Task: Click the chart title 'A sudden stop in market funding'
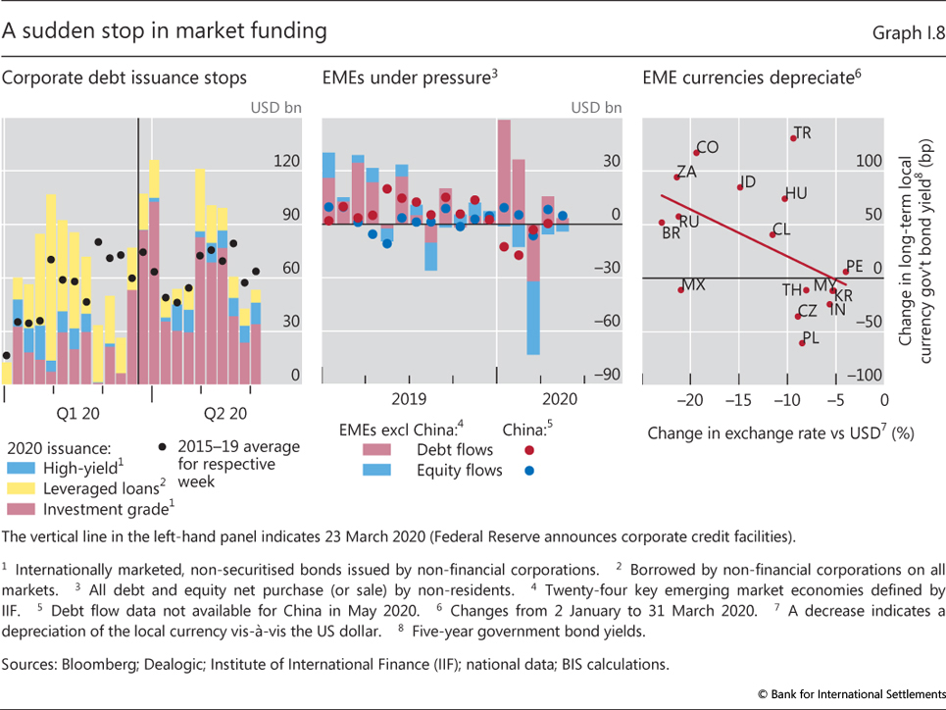point(165,30)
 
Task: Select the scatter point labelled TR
point(793,137)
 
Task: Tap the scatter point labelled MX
point(680,289)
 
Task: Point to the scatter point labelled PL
point(802,342)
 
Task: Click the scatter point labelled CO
point(697,152)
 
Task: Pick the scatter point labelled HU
point(784,198)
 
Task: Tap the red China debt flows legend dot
point(530,450)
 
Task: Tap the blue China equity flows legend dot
point(530,470)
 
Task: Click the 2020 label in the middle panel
point(560,399)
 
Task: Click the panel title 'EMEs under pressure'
point(403,77)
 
